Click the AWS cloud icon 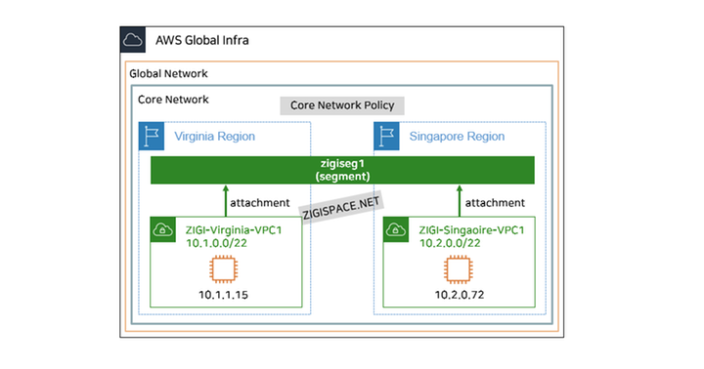coord(132,41)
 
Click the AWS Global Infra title coord(200,41)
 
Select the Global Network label coord(169,74)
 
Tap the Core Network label coord(173,100)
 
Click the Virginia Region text coord(214,137)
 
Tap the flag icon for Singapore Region coord(387,137)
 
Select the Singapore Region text coord(458,137)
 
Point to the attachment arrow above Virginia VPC coord(225,199)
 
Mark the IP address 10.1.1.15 coord(223,293)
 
